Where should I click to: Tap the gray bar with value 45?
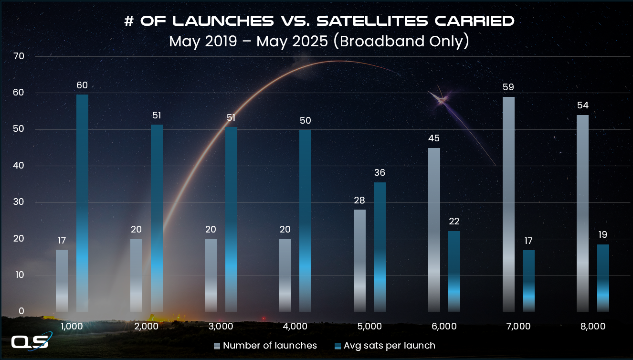[434, 230]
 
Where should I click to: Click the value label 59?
[508, 88]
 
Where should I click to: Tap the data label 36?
[380, 173]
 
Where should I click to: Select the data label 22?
[454, 222]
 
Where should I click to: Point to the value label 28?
[359, 200]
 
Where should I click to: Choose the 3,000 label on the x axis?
[221, 327]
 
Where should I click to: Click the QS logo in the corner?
[30, 343]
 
